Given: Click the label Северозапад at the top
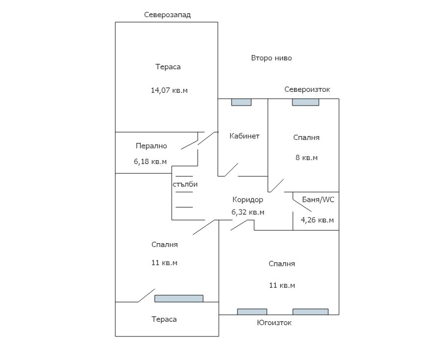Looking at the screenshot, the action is tap(167, 15).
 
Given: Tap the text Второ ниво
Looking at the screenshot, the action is tap(271, 58).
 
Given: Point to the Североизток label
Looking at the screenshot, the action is tap(307, 89).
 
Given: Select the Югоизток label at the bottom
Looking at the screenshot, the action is tap(274, 323).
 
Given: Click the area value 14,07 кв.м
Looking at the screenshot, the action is tap(169, 90).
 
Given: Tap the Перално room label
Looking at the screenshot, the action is tap(152, 146).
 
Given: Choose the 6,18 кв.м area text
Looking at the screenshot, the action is tap(150, 162).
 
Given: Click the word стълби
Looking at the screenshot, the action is tap(185, 184).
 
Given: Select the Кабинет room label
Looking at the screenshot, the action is tap(244, 136).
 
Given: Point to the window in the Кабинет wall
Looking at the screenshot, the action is tap(241, 102).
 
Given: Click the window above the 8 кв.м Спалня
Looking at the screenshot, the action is tap(306, 102).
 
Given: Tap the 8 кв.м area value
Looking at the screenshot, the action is tap(306, 158).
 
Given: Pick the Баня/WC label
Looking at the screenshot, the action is tap(318, 199).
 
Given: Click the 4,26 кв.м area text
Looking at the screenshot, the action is tap(317, 220).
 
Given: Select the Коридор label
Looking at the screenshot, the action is tap(248, 200).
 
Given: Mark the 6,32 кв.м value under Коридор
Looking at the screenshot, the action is tap(248, 212).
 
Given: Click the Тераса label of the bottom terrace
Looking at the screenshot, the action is tap(164, 319).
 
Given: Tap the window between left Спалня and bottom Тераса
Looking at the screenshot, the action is tap(179, 299).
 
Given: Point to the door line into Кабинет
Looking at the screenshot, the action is tap(231, 170).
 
